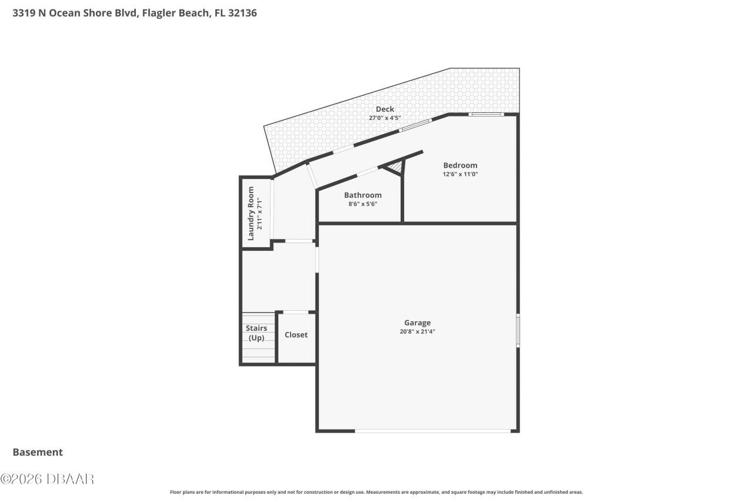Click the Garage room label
point(417,323)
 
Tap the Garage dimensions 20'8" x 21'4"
point(417,331)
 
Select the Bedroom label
point(460,165)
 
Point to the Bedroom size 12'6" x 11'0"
point(460,174)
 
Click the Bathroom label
point(362,195)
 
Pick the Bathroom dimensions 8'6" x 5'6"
point(362,204)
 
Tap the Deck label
point(385,109)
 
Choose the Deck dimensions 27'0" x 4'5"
point(385,118)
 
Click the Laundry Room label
point(251,213)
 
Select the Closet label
point(296,335)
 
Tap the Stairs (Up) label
point(256,333)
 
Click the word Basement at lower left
point(38,452)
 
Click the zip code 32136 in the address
point(243,12)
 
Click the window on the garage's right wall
point(518,330)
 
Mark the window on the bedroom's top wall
point(486,114)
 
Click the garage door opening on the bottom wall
point(432,431)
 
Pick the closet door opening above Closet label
point(295,312)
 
